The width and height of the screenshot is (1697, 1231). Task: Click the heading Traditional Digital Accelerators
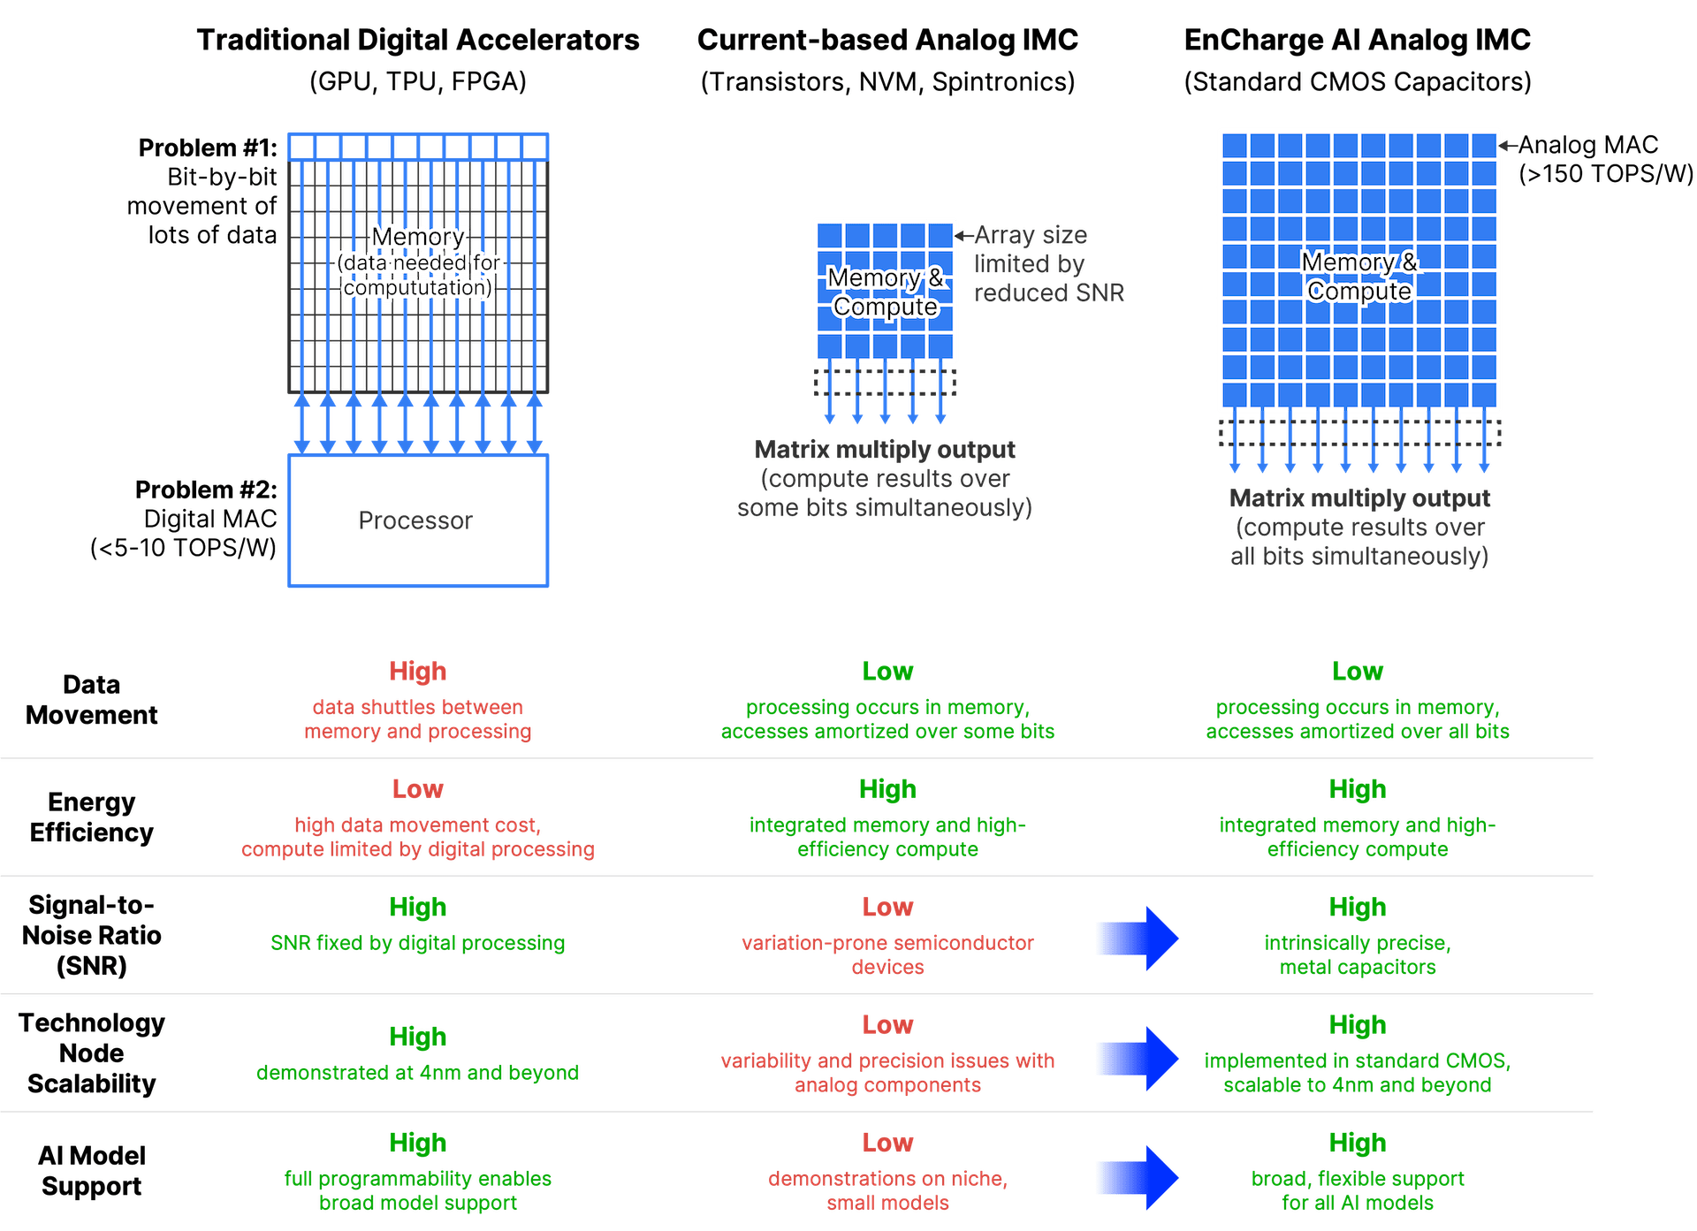418,40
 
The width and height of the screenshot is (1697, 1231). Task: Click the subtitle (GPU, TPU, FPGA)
418,81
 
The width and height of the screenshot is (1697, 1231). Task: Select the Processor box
417,520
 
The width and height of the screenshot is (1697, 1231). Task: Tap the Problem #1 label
208,148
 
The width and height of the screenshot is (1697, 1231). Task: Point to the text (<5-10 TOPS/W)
184,548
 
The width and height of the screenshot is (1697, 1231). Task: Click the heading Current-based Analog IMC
887,40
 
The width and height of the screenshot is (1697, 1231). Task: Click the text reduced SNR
1049,293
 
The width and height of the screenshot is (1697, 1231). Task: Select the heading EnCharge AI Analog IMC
1357,40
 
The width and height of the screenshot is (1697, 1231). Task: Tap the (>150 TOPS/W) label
1606,174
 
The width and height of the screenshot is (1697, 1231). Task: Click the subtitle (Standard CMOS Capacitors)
1357,81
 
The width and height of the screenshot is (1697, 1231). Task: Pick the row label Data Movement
91,699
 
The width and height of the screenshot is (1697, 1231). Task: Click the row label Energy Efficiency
91,817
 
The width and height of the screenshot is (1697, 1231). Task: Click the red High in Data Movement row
418,672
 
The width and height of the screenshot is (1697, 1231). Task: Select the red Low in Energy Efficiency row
418,789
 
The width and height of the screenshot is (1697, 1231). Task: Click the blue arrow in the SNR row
1138,938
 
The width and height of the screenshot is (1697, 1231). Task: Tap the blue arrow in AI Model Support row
1138,1177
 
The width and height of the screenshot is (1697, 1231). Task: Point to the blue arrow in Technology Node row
1138,1058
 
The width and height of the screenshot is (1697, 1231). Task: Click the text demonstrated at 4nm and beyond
418,1073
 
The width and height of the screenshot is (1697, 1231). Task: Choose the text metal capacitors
1358,968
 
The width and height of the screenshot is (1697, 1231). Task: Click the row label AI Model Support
91,1171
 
